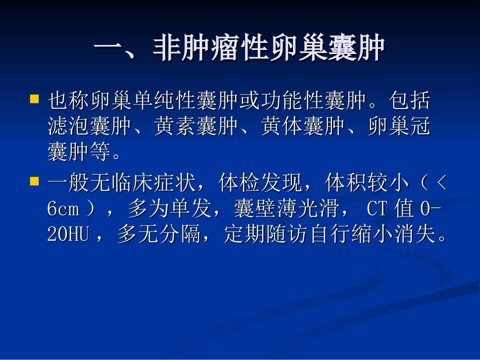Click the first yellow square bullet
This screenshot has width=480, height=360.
pos(35,98)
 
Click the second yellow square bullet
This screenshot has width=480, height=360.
pos(35,181)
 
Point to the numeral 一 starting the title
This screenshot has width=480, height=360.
pos(109,49)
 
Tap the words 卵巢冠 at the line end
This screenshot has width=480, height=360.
pos(399,127)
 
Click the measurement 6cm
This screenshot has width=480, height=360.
pos(63,209)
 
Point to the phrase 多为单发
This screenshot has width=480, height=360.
pos(169,209)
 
